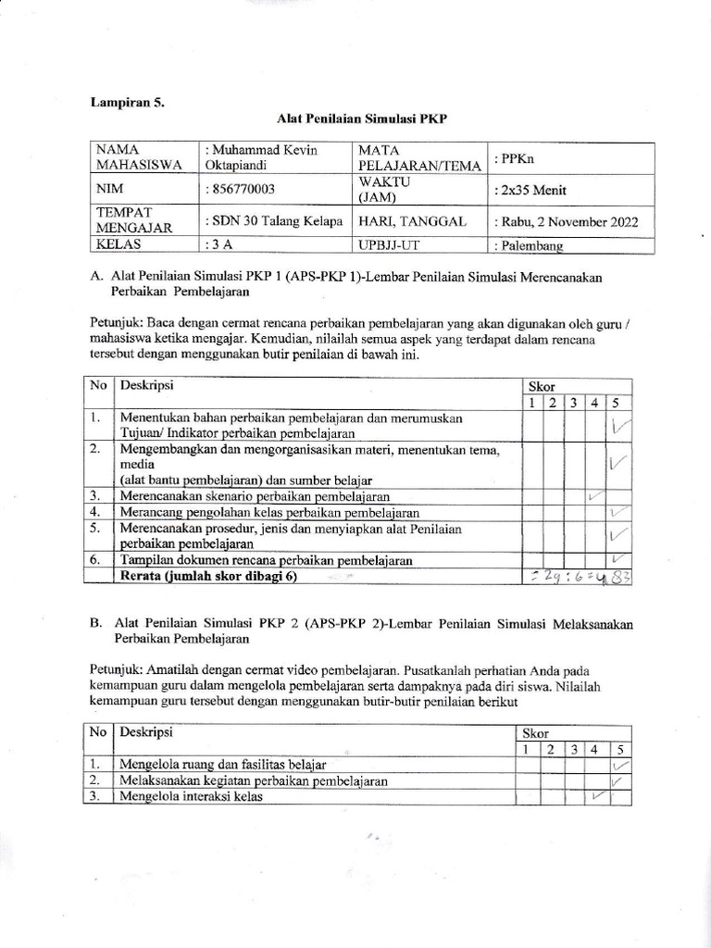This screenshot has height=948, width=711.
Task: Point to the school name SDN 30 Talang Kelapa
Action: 276,222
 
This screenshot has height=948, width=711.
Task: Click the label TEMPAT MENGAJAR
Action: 129,222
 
